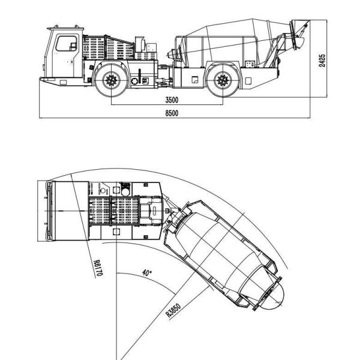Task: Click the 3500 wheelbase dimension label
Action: pos(173,100)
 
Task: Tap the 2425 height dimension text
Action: pos(323,61)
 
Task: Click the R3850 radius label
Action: pos(173,310)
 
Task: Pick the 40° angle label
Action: pos(146,271)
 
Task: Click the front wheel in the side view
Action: pos(112,79)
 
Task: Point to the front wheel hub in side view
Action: pos(112,79)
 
